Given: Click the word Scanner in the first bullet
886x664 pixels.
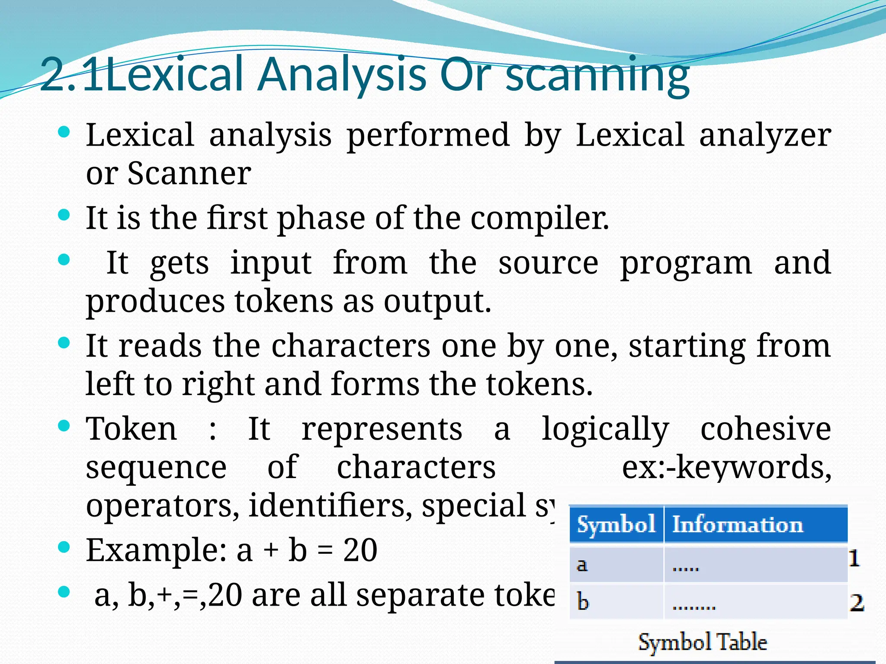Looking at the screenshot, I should tap(189, 173).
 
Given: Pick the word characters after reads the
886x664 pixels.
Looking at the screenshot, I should tap(350, 346).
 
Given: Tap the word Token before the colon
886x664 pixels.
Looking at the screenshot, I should tap(132, 429).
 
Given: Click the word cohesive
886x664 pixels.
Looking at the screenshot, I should tap(765, 429).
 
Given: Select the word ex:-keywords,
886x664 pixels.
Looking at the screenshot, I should tap(726, 467).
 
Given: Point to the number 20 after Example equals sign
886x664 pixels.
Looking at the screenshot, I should tap(360, 550).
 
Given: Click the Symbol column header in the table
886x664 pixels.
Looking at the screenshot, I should tap(616, 525).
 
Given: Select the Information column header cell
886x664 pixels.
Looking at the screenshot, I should tap(755, 525).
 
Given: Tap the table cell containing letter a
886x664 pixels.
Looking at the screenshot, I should tap(616, 565).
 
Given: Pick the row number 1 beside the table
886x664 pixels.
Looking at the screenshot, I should tap(854, 558).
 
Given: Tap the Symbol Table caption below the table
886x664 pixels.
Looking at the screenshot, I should tap(702, 642).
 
